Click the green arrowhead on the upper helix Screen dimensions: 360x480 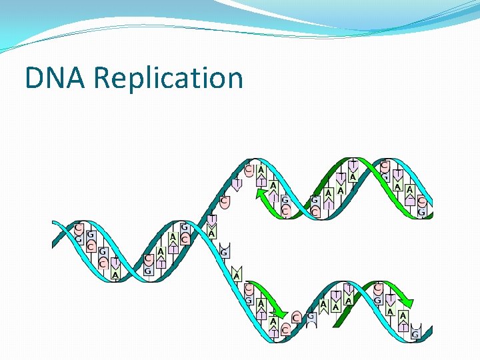pyautogui.click(x=261, y=194)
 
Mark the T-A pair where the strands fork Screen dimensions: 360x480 pyautogui.click(x=211, y=227)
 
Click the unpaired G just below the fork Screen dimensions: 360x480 pyautogui.click(x=225, y=251)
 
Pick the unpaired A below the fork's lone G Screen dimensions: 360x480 pyautogui.click(x=237, y=273)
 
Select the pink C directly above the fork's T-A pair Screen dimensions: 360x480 pyautogui.click(x=225, y=201)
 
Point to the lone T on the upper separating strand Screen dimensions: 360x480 pyautogui.click(x=237, y=181)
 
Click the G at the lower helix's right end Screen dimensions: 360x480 pyautogui.click(x=415, y=333)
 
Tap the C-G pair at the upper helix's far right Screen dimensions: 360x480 pyautogui.click(x=421, y=206)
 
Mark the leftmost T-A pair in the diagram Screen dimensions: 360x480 pyautogui.click(x=115, y=268)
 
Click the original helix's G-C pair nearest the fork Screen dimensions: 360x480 pyautogui.click(x=184, y=233)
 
